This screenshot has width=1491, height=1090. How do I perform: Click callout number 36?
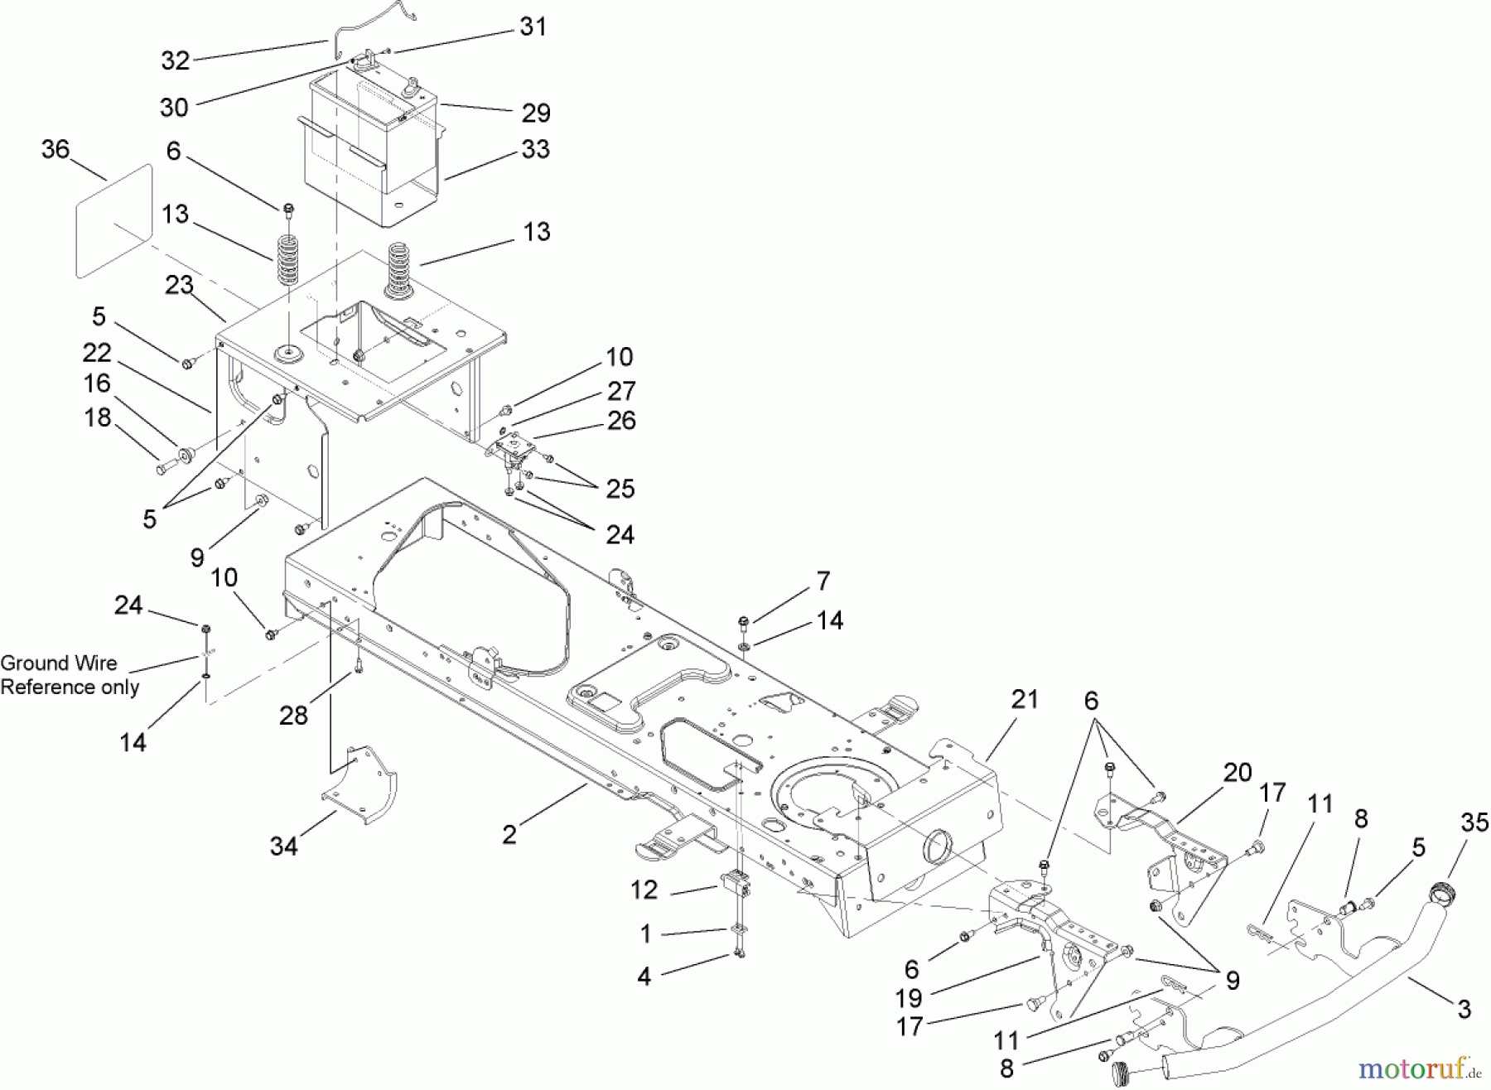coord(55,150)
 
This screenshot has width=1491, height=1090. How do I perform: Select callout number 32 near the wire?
coord(176,60)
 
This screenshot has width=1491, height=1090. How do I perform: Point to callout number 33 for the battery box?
coord(535,149)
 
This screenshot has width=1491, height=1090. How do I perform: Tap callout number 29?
coord(536,112)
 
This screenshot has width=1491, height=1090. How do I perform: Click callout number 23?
coord(179,285)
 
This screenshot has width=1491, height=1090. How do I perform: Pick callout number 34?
coord(283,846)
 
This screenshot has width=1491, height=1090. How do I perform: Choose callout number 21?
coord(1024,699)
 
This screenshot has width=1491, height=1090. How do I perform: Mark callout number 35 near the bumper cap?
coord(1474,822)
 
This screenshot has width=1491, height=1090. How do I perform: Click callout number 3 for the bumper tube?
coord(1464,1009)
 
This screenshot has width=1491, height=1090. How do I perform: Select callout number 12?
coord(644,890)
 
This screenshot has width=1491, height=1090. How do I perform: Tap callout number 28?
coord(293,716)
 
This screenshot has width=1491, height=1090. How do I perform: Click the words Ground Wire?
coord(59,663)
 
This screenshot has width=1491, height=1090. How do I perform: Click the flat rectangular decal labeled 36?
coord(114,222)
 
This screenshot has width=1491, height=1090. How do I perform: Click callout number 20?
coord(1237,773)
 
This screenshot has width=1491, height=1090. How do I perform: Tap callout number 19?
coord(909,998)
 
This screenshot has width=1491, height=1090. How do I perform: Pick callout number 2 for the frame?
coord(509,834)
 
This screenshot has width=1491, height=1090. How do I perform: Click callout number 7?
coord(823,581)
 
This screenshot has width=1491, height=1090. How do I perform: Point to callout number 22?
coord(97,353)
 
